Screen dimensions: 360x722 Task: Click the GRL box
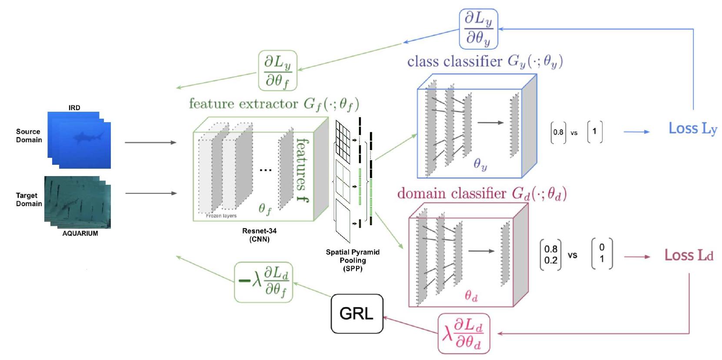pos(356,313)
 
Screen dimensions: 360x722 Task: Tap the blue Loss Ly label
pos(692,128)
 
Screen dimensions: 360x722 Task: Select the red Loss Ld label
pos(689,255)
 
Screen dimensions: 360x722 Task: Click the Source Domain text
pos(29,136)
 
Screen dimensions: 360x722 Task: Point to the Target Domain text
pos(29,200)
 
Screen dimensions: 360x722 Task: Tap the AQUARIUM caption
pos(80,233)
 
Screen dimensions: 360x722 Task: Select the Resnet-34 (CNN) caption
pos(259,235)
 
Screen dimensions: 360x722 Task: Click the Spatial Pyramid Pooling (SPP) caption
pos(353,260)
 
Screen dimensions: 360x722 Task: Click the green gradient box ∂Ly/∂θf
pos(278,70)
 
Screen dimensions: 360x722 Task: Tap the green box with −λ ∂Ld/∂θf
pos(263,282)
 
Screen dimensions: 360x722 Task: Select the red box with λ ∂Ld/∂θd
pos(464,333)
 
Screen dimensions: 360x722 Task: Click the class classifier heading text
pos(485,61)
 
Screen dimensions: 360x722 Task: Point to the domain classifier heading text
pos(482,193)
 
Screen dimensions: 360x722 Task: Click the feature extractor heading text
pos(274,104)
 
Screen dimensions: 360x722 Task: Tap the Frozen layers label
pos(221,216)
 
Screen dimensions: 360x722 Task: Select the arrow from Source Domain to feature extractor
pos(150,142)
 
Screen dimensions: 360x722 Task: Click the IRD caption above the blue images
pos(74,107)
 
